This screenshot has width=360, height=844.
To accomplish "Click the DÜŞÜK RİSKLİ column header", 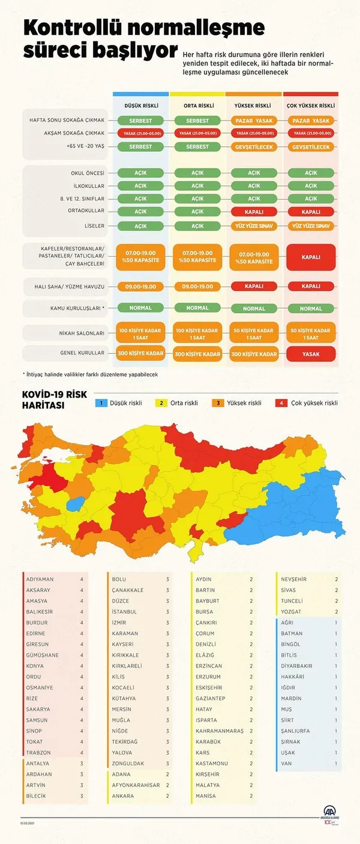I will (x=141, y=106).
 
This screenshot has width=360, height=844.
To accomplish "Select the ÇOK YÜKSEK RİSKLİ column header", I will (x=311, y=106).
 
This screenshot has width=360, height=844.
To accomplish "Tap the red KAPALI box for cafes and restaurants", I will (x=311, y=256).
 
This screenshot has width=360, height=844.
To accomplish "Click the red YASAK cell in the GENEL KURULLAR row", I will (x=311, y=354).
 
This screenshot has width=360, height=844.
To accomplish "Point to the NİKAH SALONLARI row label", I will (x=83, y=333).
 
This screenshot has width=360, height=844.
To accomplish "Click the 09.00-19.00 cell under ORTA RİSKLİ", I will (x=197, y=287).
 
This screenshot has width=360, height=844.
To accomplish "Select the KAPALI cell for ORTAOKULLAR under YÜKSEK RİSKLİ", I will (x=254, y=212).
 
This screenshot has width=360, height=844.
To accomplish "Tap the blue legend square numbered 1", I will (x=103, y=403).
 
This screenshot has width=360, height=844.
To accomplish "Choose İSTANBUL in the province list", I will (x=124, y=611).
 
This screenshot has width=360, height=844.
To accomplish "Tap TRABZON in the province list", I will (x=38, y=752).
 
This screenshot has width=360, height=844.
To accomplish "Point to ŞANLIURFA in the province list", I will (x=297, y=731).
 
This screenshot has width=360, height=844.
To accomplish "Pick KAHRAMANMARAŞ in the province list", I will (x=220, y=731).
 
